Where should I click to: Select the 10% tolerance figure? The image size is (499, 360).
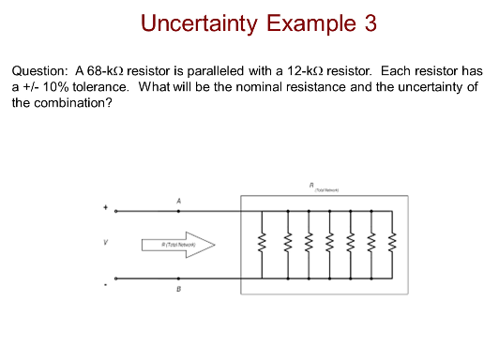(x=55, y=86)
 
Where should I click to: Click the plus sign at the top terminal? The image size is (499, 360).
(x=105, y=207)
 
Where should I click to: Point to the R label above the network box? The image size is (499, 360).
(x=325, y=185)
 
